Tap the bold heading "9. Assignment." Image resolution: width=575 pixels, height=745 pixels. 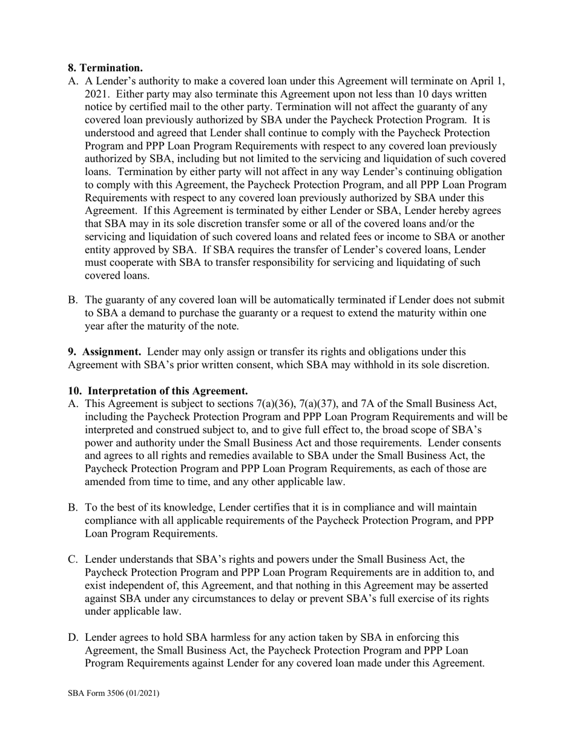point(105,351)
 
